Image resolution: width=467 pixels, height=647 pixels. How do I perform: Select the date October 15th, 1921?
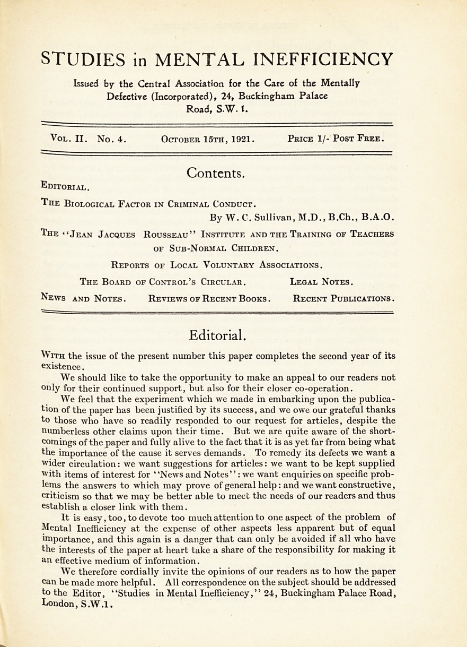coord(208,140)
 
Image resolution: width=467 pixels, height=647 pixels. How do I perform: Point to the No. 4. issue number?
coord(111,139)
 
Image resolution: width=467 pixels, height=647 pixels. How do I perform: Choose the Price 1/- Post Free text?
coord(336,139)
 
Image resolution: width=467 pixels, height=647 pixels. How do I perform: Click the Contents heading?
coord(216,173)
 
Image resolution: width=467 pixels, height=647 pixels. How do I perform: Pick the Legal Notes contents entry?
coord(322,281)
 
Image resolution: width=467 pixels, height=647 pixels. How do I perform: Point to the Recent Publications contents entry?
coord(343,298)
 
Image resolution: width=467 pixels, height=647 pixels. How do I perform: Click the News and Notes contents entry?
coord(83,298)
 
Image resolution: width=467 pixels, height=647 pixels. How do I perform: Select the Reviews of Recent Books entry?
coord(210,298)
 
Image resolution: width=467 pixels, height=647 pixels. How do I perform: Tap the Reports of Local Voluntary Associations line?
coord(217,264)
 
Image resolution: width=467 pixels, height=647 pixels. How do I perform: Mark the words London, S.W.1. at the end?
coord(78,604)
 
